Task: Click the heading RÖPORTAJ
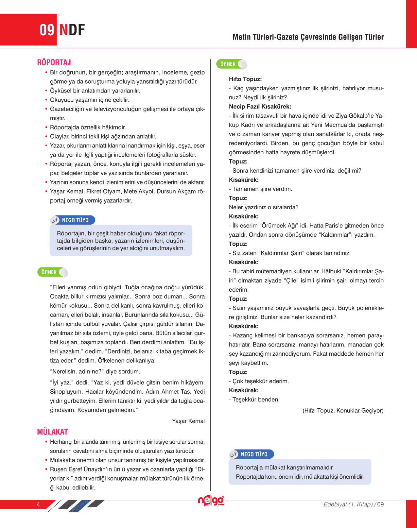pos(54,62)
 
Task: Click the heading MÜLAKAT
pos(52,432)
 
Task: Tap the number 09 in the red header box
pos(47,30)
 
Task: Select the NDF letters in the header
pos(72,30)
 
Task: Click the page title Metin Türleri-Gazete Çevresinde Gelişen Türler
pos(308,37)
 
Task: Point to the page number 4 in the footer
pos(38,504)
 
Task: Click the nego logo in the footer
pos(211,501)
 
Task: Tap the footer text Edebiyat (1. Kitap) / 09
pos(353,504)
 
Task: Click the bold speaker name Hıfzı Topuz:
pos(245,79)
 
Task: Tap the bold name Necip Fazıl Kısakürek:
pos(260,107)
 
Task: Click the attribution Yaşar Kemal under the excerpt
pos(188,421)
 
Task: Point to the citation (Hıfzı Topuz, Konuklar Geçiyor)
pos(343,411)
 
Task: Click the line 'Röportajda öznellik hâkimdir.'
pos(88,127)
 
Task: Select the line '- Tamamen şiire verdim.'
pos(260,189)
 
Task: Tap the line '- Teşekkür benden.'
pos(254,400)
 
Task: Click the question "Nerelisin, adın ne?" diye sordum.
pos(95,371)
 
